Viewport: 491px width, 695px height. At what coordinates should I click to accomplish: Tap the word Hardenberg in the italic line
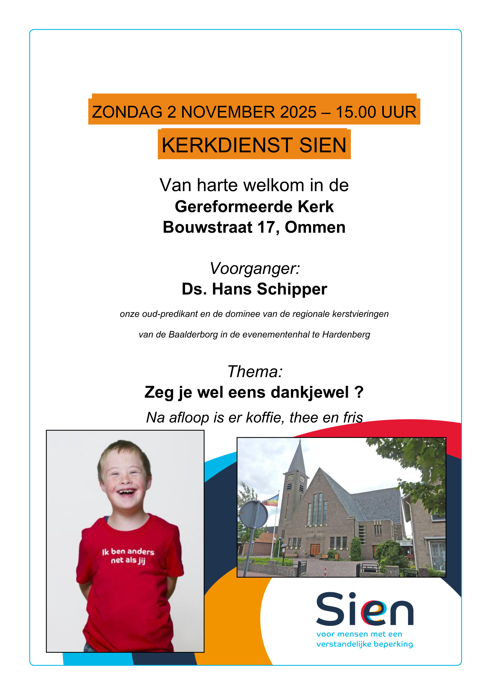[x=346, y=335]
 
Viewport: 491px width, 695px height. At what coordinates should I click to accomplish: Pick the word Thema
[x=255, y=372]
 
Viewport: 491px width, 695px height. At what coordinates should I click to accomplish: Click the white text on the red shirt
[x=128, y=556]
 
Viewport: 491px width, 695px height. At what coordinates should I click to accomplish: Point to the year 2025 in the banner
[x=298, y=112]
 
